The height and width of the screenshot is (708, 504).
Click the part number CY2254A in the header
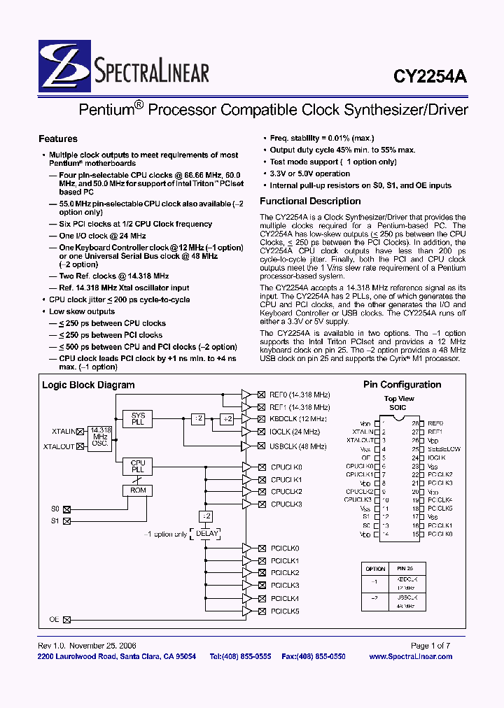(x=433, y=78)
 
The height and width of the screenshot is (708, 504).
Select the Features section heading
(x=57, y=139)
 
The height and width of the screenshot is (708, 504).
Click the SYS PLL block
(x=138, y=420)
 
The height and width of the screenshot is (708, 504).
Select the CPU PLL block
(x=138, y=467)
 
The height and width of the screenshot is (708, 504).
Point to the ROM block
(x=138, y=491)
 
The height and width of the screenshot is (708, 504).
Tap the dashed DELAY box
(x=207, y=533)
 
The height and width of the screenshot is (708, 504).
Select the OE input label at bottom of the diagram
(x=54, y=619)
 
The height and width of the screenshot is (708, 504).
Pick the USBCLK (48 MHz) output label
(x=297, y=446)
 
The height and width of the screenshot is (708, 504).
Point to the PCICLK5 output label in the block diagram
(x=285, y=611)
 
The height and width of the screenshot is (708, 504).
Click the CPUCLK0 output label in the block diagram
(x=286, y=467)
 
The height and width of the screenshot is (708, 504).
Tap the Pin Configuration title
(x=402, y=385)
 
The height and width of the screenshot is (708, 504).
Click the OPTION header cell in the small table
(x=376, y=569)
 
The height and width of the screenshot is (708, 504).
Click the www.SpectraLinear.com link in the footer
(x=410, y=656)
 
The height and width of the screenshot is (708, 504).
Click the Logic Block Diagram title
(x=88, y=385)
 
